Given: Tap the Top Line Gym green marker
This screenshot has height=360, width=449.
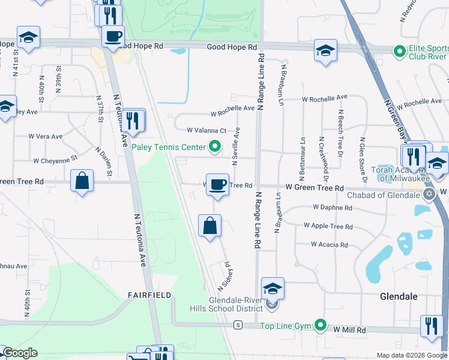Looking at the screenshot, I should pyautogui.click(x=321, y=326).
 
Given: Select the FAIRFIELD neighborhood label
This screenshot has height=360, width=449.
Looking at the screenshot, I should pyautogui.click(x=149, y=295).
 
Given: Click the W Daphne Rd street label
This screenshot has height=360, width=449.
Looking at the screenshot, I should pyautogui.click(x=332, y=208).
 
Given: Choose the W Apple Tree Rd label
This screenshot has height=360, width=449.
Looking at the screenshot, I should pyautogui.click(x=328, y=226).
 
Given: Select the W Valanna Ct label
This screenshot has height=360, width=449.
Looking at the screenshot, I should pyautogui.click(x=206, y=130).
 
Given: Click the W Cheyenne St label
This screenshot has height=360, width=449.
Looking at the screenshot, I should pyautogui.click(x=56, y=161).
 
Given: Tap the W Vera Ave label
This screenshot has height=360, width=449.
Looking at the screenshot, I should pyautogui.click(x=46, y=136).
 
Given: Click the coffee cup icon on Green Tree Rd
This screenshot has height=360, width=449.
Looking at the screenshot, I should pyautogui.click(x=217, y=184).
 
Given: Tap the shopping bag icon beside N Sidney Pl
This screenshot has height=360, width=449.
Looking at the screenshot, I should pyautogui.click(x=209, y=226).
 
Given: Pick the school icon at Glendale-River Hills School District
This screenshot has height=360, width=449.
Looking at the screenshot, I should pyautogui.click(x=273, y=289).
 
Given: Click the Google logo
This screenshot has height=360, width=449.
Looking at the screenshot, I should pyautogui.click(x=20, y=353).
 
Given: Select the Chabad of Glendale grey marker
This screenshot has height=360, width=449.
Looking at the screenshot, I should pyautogui.click(x=429, y=194).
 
